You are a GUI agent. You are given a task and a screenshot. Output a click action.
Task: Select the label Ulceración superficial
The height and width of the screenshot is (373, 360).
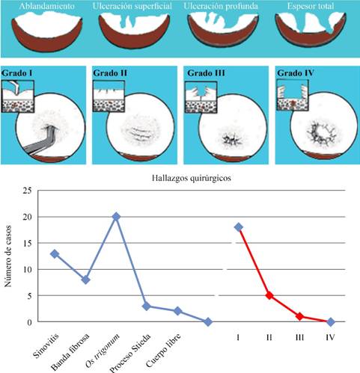133,6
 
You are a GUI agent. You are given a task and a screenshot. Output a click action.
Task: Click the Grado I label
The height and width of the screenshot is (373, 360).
20,74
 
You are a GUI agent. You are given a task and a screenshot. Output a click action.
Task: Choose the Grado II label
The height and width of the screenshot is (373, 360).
112,74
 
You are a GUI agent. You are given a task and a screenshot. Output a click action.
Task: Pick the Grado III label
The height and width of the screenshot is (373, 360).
204,74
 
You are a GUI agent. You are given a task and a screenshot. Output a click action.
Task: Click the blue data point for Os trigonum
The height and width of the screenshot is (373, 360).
116,216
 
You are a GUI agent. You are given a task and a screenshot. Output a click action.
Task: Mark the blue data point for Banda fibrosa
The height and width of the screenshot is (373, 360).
85,280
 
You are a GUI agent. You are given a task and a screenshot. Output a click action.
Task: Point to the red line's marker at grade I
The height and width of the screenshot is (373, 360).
239,226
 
